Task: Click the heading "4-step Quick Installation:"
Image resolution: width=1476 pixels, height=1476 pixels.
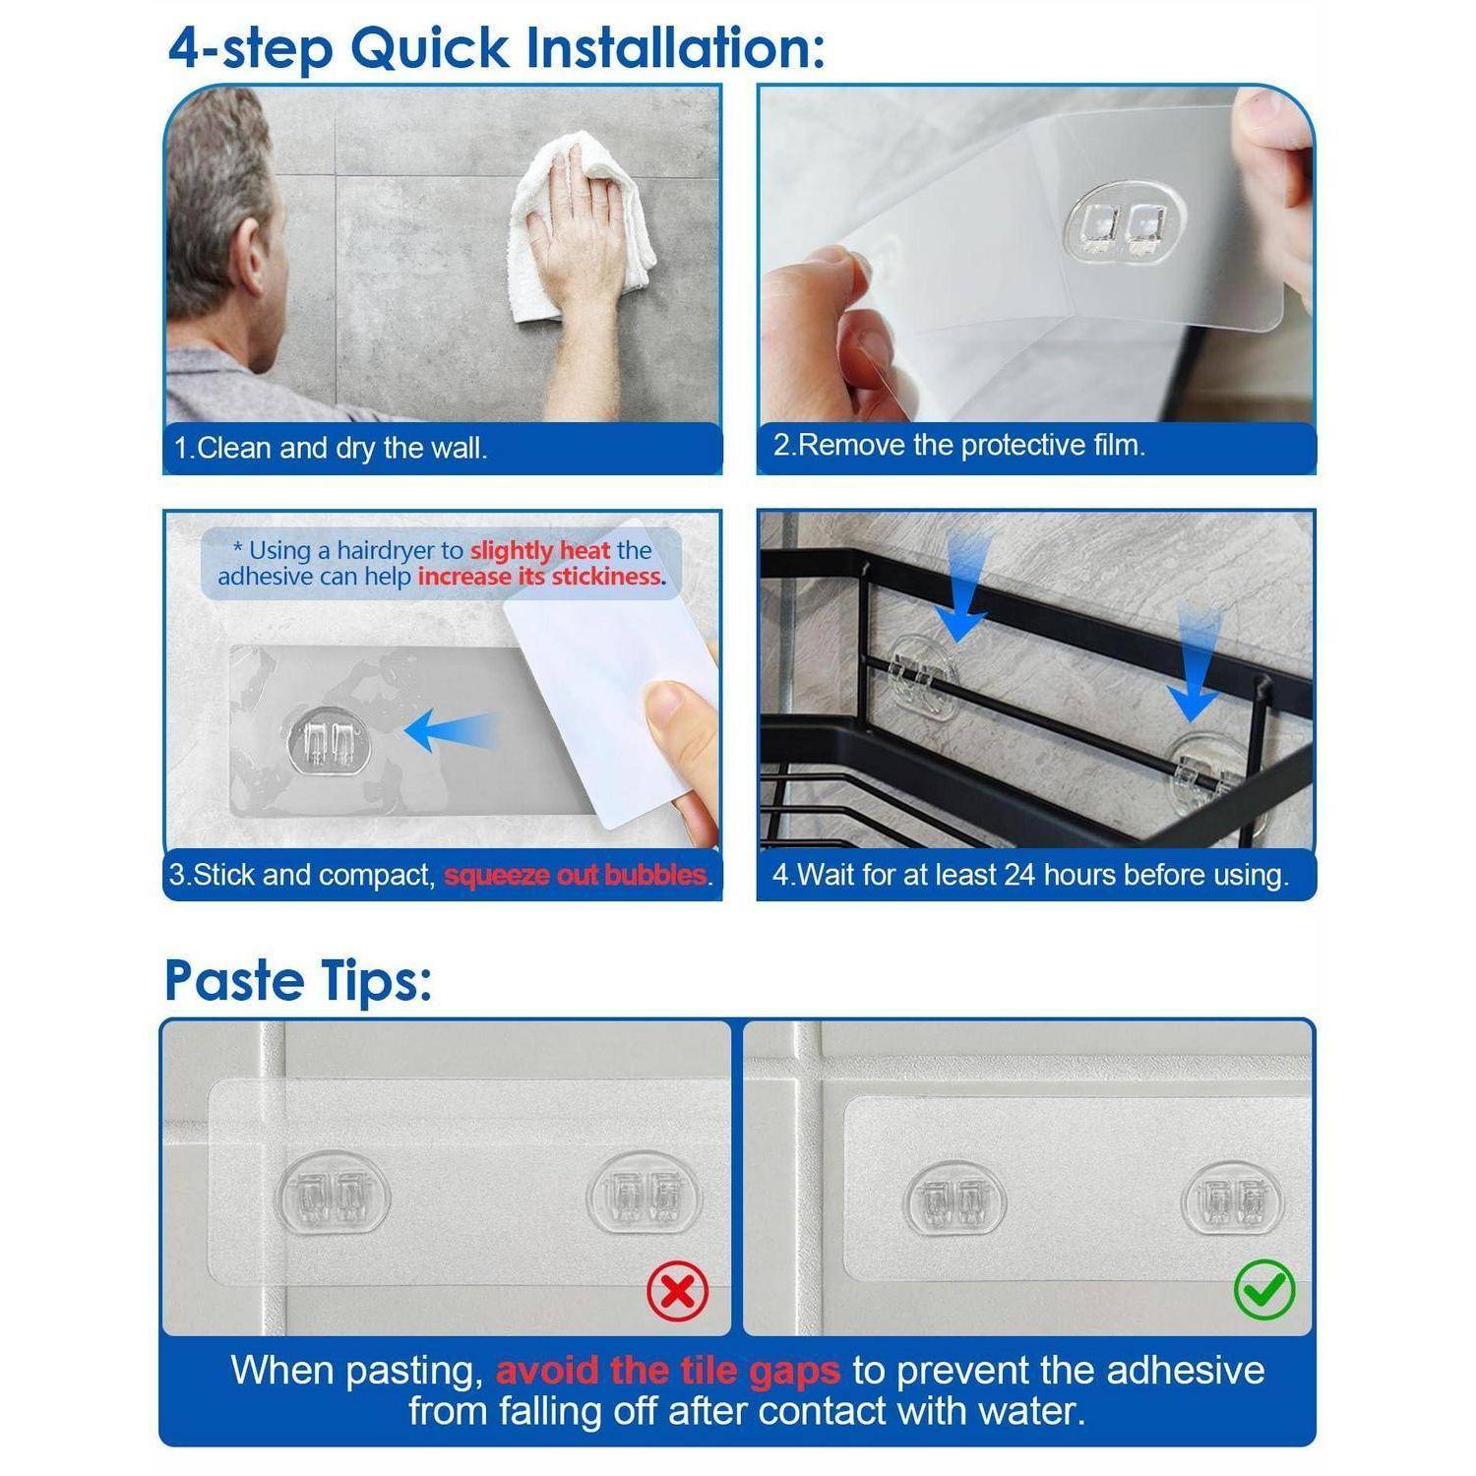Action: [x=496, y=48]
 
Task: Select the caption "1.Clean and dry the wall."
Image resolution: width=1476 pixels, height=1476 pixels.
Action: [x=331, y=449]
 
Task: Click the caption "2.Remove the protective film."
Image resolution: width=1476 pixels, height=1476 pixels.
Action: [x=958, y=446]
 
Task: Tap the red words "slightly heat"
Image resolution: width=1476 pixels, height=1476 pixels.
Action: [x=540, y=551]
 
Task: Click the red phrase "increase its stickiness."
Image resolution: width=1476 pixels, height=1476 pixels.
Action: [x=542, y=577]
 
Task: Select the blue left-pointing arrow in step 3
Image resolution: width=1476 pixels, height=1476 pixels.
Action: [x=452, y=730]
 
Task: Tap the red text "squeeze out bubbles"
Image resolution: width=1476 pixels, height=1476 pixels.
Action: [x=576, y=875]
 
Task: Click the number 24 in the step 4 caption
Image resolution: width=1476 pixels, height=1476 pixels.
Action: [x=1020, y=875]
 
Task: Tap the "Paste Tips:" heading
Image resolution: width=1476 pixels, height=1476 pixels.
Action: [x=298, y=980]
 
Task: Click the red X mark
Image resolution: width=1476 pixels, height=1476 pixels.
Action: [x=678, y=1290]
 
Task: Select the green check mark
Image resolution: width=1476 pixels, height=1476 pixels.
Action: [x=1264, y=1289]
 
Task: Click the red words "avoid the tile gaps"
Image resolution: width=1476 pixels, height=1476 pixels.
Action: [x=668, y=1370]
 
